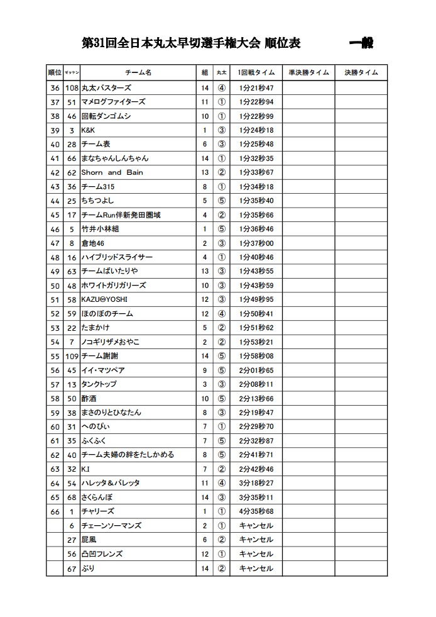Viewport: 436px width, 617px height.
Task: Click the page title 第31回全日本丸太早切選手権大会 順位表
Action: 192,43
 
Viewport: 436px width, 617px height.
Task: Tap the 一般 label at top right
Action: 361,43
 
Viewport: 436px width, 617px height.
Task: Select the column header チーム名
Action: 138,73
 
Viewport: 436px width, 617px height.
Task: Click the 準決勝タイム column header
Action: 308,73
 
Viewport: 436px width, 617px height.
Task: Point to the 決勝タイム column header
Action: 361,73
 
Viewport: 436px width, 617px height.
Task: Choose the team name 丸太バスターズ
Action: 106,87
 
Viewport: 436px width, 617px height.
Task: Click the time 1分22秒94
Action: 256,102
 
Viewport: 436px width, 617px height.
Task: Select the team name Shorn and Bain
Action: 112,172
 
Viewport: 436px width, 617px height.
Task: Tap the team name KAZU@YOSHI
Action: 104,299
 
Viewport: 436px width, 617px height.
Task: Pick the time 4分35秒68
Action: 256,511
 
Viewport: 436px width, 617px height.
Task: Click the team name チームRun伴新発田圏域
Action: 121,215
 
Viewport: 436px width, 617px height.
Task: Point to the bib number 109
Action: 72,356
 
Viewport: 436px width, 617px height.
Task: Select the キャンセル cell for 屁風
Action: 256,540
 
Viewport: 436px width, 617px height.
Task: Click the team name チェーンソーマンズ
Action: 111,526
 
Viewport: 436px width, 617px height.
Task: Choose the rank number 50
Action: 55,286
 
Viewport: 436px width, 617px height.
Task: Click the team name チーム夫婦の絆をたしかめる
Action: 128,455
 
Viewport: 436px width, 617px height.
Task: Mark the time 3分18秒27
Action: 256,483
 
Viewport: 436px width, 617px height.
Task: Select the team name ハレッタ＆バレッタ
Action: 111,483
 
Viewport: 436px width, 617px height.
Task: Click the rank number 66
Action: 55,511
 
